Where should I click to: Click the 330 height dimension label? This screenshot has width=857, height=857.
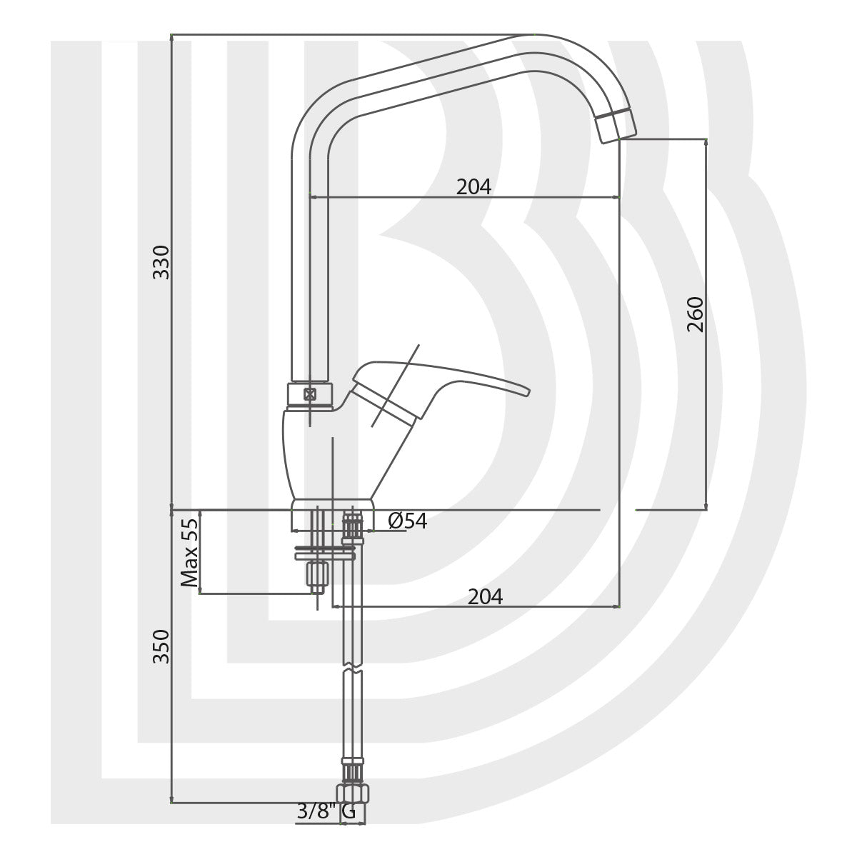point(162,261)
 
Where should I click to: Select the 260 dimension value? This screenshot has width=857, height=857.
point(696,314)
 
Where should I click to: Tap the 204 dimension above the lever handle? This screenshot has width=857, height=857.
point(474,186)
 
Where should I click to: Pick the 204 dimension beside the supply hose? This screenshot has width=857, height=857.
point(485,596)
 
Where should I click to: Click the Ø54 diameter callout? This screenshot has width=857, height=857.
point(408,521)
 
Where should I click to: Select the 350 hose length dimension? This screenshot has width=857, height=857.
point(162,646)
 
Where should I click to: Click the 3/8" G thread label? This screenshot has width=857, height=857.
point(326,812)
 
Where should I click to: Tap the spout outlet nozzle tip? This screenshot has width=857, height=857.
point(616,127)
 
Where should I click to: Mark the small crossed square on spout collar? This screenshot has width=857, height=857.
point(309,394)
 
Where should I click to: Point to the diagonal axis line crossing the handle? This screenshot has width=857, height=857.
point(394,386)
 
